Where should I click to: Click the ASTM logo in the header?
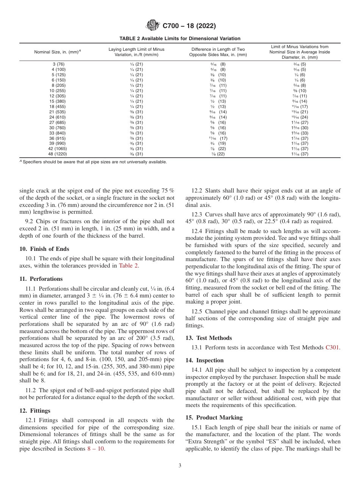153,26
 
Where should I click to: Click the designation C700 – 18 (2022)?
189,26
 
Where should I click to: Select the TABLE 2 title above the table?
180,39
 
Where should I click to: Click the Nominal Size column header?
58,52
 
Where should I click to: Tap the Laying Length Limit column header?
136,52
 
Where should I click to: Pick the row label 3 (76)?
58,64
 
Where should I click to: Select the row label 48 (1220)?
58,154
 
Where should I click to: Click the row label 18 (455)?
58,106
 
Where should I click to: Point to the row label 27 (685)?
58,122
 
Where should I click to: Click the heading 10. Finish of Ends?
44,249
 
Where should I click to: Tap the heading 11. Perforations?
41,279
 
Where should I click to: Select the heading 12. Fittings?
35,411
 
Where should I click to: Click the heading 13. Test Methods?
209,338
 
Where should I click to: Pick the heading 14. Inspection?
205,360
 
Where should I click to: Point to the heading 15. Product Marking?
214,418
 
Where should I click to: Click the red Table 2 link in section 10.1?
128,266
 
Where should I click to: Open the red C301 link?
333,347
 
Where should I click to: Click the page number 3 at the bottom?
180,466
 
